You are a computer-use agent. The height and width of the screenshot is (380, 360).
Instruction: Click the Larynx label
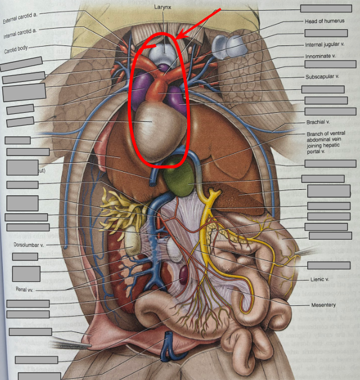point(164,8)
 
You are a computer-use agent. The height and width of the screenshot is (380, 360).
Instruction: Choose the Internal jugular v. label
point(325,44)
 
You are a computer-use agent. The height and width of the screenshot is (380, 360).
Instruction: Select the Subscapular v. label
point(322,76)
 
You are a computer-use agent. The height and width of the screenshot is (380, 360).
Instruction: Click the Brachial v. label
point(318,121)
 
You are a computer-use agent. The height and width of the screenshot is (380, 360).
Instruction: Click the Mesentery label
point(323,305)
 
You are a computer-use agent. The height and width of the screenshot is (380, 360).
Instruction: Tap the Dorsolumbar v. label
point(29,245)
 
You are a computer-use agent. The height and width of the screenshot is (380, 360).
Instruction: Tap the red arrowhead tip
point(176,38)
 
